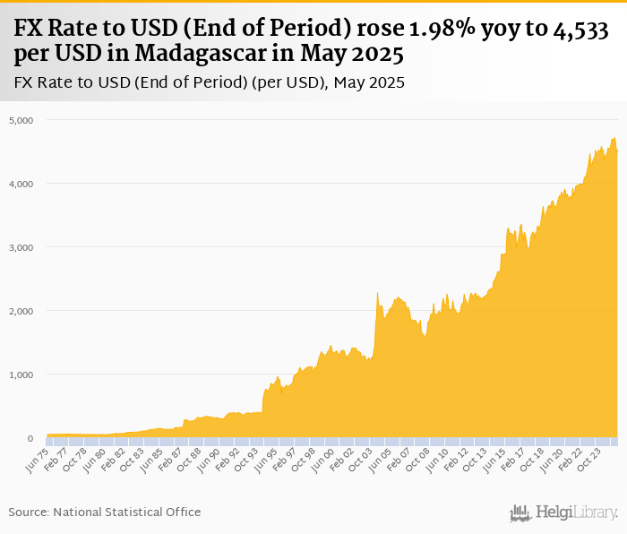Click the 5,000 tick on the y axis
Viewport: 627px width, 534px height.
point(21,119)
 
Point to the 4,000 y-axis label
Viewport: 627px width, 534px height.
point(21,184)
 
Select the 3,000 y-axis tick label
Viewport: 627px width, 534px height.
point(21,247)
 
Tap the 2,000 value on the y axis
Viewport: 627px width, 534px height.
point(21,311)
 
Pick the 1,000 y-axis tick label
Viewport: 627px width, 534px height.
point(21,375)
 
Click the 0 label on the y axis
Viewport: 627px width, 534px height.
point(29,439)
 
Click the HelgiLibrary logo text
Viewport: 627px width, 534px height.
point(576,512)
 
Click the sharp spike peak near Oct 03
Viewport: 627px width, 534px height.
point(377,293)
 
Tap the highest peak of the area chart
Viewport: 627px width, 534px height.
point(614,137)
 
